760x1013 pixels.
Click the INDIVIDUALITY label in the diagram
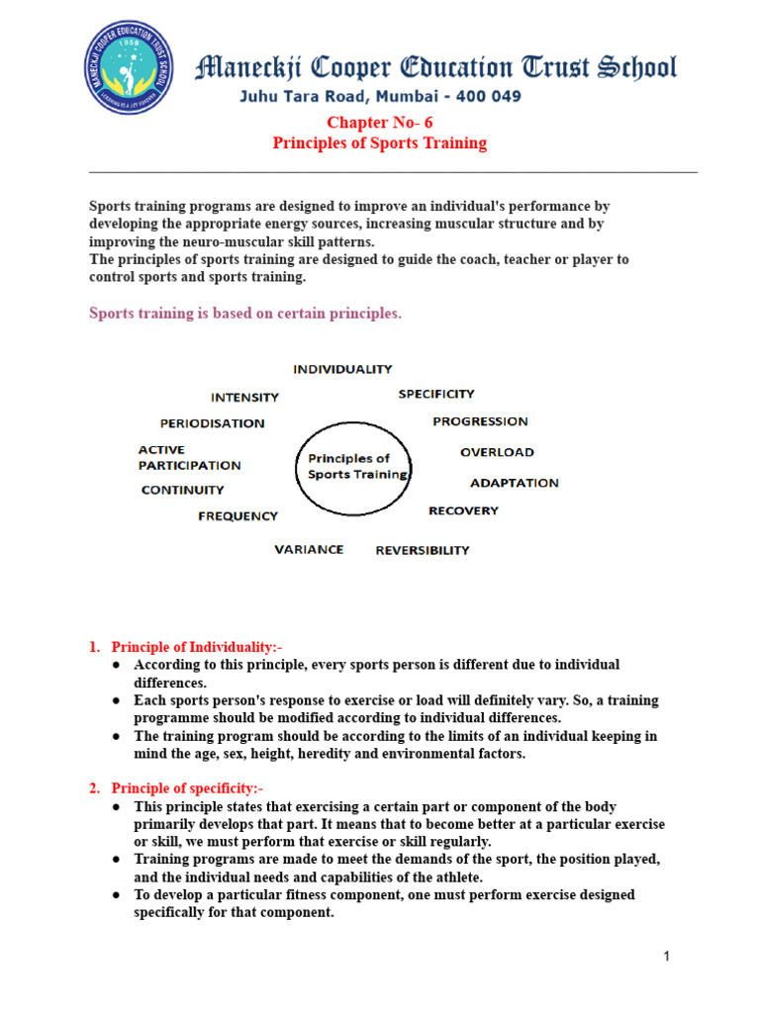pos(342,369)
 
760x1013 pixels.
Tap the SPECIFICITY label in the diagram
pos(436,394)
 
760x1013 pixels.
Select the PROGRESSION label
pos(480,421)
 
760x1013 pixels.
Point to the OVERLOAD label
pos(497,452)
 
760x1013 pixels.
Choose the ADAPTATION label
pos(514,483)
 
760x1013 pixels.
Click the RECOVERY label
pos(463,510)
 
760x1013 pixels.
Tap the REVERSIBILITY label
pos(423,550)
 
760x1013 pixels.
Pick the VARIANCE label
pos(309,549)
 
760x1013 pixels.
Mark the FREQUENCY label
pos(237,515)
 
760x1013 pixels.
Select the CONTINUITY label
pos(182,490)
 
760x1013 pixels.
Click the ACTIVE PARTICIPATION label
pos(189,457)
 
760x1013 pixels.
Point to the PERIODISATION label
pos(212,423)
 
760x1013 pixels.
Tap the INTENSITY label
pos(244,398)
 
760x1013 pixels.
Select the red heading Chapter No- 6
pos(380,122)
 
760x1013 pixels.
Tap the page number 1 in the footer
pos(668,956)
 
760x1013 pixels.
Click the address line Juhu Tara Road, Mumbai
pos(380,97)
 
